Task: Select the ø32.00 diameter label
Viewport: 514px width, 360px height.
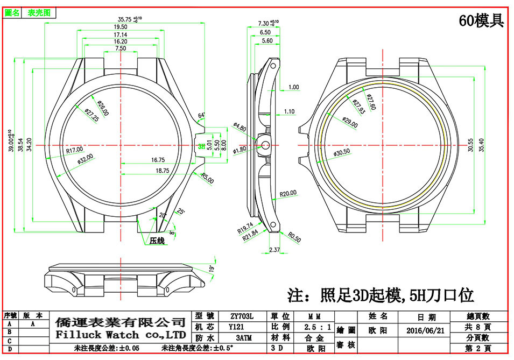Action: click(85, 160)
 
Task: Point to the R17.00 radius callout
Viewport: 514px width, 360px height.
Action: click(74, 150)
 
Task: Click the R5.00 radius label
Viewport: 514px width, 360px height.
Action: click(207, 178)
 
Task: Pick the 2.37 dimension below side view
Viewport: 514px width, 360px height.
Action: click(274, 250)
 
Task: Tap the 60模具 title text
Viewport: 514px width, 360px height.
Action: click(481, 21)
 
